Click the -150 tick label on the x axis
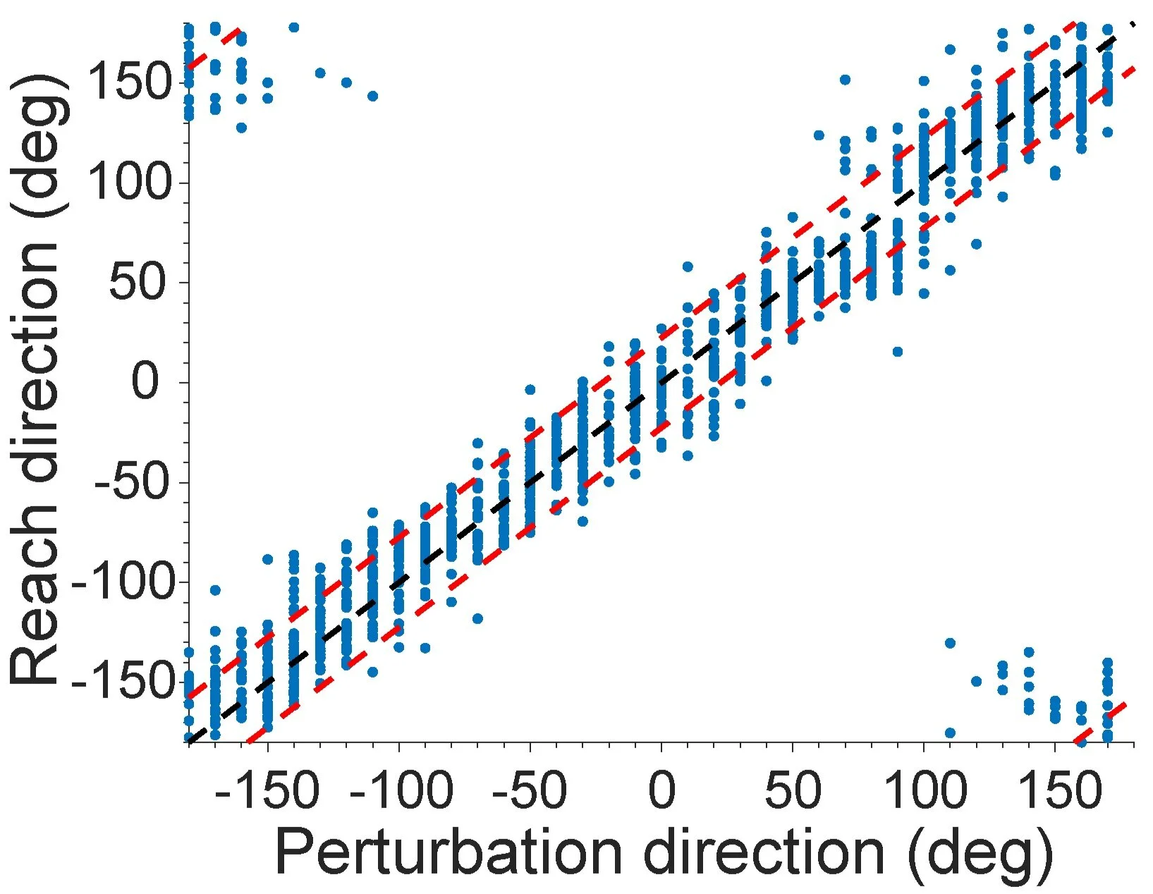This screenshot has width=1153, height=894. tap(267, 791)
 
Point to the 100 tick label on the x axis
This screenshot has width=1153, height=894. tap(924, 791)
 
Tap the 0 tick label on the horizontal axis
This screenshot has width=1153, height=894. tap(661, 791)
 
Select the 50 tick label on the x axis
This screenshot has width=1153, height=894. tap(793, 791)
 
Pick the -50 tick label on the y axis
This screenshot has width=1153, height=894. tap(130, 483)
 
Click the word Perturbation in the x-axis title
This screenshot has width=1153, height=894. tap(448, 852)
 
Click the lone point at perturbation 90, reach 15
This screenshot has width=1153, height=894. tap(897, 352)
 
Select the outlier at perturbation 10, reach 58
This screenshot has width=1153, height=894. tap(688, 267)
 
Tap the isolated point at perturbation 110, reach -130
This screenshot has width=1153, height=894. tap(950, 643)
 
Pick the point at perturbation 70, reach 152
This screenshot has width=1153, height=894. tap(845, 80)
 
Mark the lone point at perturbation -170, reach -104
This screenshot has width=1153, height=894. tap(215, 589)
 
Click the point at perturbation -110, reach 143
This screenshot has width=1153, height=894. tap(372, 96)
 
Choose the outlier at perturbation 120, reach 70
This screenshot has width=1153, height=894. tap(976, 244)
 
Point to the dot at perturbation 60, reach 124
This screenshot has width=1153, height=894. tap(819, 135)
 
